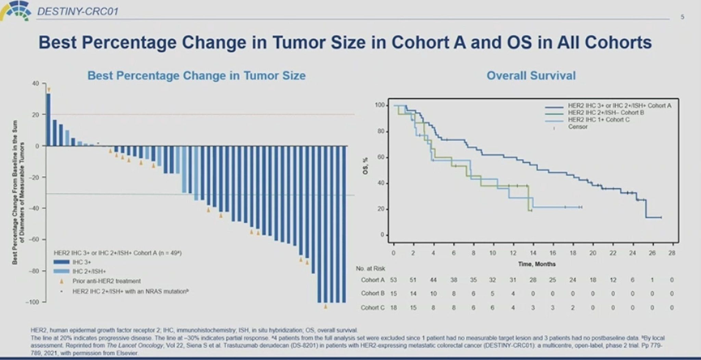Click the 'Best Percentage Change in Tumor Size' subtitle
196,75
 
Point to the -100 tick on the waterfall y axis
32,302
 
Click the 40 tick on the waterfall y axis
35,84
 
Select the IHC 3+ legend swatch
61,262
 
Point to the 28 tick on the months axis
672,252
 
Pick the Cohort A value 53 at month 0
393,279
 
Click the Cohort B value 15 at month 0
393,294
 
